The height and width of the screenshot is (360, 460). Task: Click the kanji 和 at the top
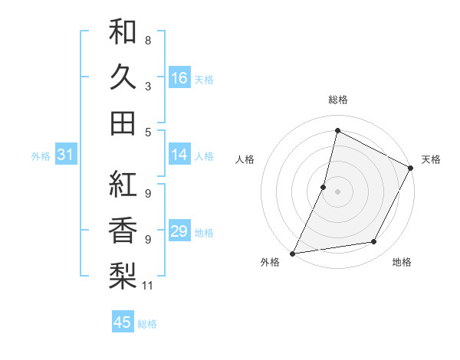[x=123, y=32]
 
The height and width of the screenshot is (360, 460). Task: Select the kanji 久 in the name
[x=123, y=77]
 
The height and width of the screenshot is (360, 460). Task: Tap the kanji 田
[x=123, y=123]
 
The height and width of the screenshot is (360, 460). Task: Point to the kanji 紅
[x=123, y=185]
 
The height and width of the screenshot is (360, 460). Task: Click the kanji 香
[x=123, y=230]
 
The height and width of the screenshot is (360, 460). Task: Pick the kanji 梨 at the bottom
[x=123, y=275]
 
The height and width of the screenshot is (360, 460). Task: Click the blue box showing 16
[x=179, y=77]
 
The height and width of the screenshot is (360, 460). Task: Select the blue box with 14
[x=179, y=155]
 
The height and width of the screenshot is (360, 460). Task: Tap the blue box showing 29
[x=179, y=231]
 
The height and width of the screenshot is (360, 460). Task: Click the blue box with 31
[x=66, y=155]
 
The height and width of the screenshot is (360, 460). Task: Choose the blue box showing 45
[x=123, y=322]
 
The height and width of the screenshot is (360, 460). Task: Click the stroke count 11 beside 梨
[x=148, y=286]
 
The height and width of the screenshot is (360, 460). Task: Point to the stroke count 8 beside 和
[x=148, y=39]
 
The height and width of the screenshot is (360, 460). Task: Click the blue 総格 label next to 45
[x=147, y=324]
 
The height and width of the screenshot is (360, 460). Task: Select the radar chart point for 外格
[x=292, y=253]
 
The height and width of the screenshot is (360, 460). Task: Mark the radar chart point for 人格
[x=324, y=187]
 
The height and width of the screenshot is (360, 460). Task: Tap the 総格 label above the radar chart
[x=337, y=100]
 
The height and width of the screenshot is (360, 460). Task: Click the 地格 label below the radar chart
[x=402, y=262]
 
